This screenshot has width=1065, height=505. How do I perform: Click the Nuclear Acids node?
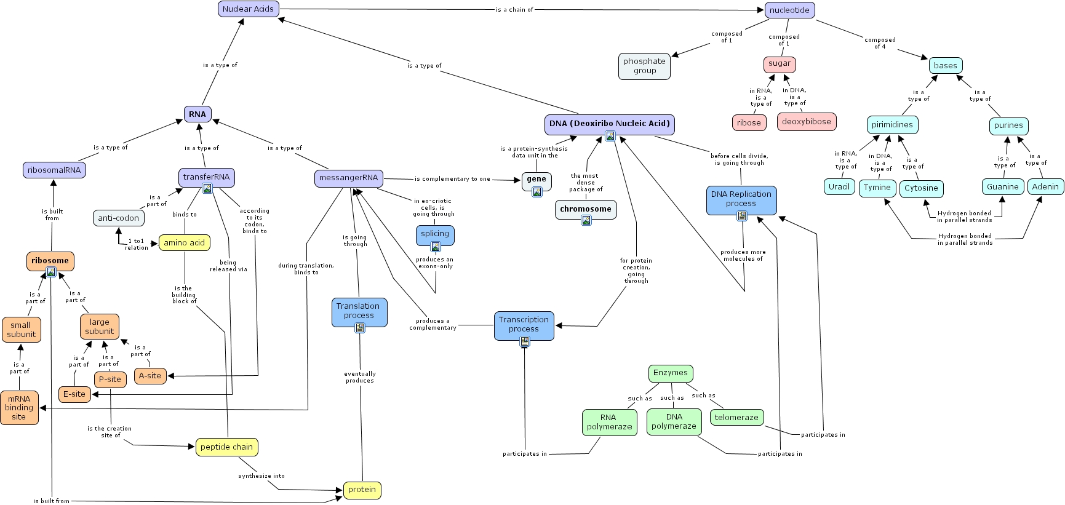(x=249, y=9)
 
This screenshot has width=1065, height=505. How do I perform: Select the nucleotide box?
(x=789, y=10)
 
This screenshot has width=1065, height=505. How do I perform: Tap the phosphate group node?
(x=644, y=66)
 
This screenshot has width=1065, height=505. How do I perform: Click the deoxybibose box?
(x=806, y=122)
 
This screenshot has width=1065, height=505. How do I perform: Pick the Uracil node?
(x=839, y=187)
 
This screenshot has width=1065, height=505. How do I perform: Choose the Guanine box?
(x=1002, y=187)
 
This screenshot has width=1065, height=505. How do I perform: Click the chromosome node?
(x=585, y=209)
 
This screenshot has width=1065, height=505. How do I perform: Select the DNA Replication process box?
(x=741, y=199)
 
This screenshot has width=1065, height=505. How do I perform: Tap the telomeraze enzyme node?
(x=736, y=418)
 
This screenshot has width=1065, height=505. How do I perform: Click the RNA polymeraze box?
(x=608, y=422)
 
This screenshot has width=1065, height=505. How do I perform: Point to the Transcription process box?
(x=524, y=324)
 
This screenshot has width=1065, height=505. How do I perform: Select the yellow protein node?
(x=362, y=490)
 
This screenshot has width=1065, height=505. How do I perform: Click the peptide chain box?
(x=226, y=447)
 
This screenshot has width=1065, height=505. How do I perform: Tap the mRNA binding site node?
(x=19, y=408)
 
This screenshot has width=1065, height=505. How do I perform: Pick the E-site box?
(x=74, y=394)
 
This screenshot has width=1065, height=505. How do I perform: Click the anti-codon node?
(x=119, y=218)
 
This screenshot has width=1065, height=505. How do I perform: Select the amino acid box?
(x=184, y=243)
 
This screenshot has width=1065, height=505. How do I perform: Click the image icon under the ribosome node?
(x=51, y=272)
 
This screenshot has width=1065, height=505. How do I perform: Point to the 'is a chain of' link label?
(x=514, y=10)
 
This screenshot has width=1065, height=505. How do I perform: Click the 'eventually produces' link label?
(x=360, y=377)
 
